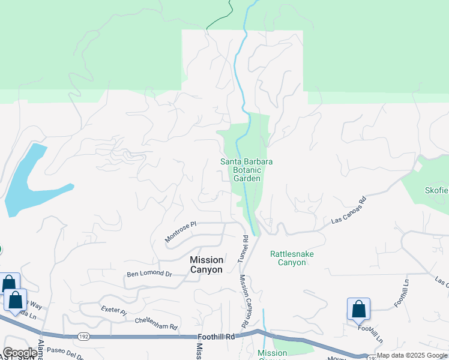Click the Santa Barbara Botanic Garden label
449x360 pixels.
247,170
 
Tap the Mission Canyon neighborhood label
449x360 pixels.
206,265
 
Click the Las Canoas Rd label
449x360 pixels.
349,212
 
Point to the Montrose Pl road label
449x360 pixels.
181,232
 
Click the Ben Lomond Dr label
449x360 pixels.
149,274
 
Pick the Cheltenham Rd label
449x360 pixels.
156,327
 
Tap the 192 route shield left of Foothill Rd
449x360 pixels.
83,337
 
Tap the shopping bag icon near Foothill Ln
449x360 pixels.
358,309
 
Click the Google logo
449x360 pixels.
19,353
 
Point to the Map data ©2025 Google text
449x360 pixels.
412,356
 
